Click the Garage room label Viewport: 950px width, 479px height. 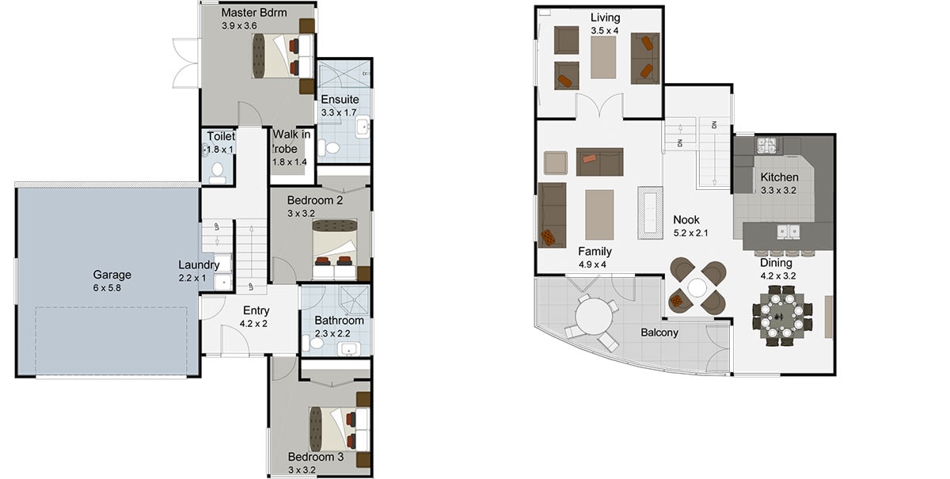112,275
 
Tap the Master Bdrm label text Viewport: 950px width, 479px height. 254,13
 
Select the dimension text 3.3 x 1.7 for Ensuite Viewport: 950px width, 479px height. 339,112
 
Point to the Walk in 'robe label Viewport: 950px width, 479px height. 291,142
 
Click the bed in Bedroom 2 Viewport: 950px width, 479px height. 335,249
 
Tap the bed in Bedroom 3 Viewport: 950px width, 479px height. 340,429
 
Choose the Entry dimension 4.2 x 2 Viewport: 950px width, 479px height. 253,324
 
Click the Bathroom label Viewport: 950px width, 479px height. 340,321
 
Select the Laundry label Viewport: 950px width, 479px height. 199,265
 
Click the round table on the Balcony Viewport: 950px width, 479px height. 594,316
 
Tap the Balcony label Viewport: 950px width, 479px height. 659,333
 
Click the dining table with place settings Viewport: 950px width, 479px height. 782,316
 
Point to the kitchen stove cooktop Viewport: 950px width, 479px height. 767,145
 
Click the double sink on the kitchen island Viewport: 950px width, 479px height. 788,232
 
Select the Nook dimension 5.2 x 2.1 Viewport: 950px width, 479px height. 690,233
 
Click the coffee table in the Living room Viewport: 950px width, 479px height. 603,57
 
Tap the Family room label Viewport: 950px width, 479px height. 595,252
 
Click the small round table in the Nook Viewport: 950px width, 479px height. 697,287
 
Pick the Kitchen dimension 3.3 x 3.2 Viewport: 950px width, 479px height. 778,191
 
